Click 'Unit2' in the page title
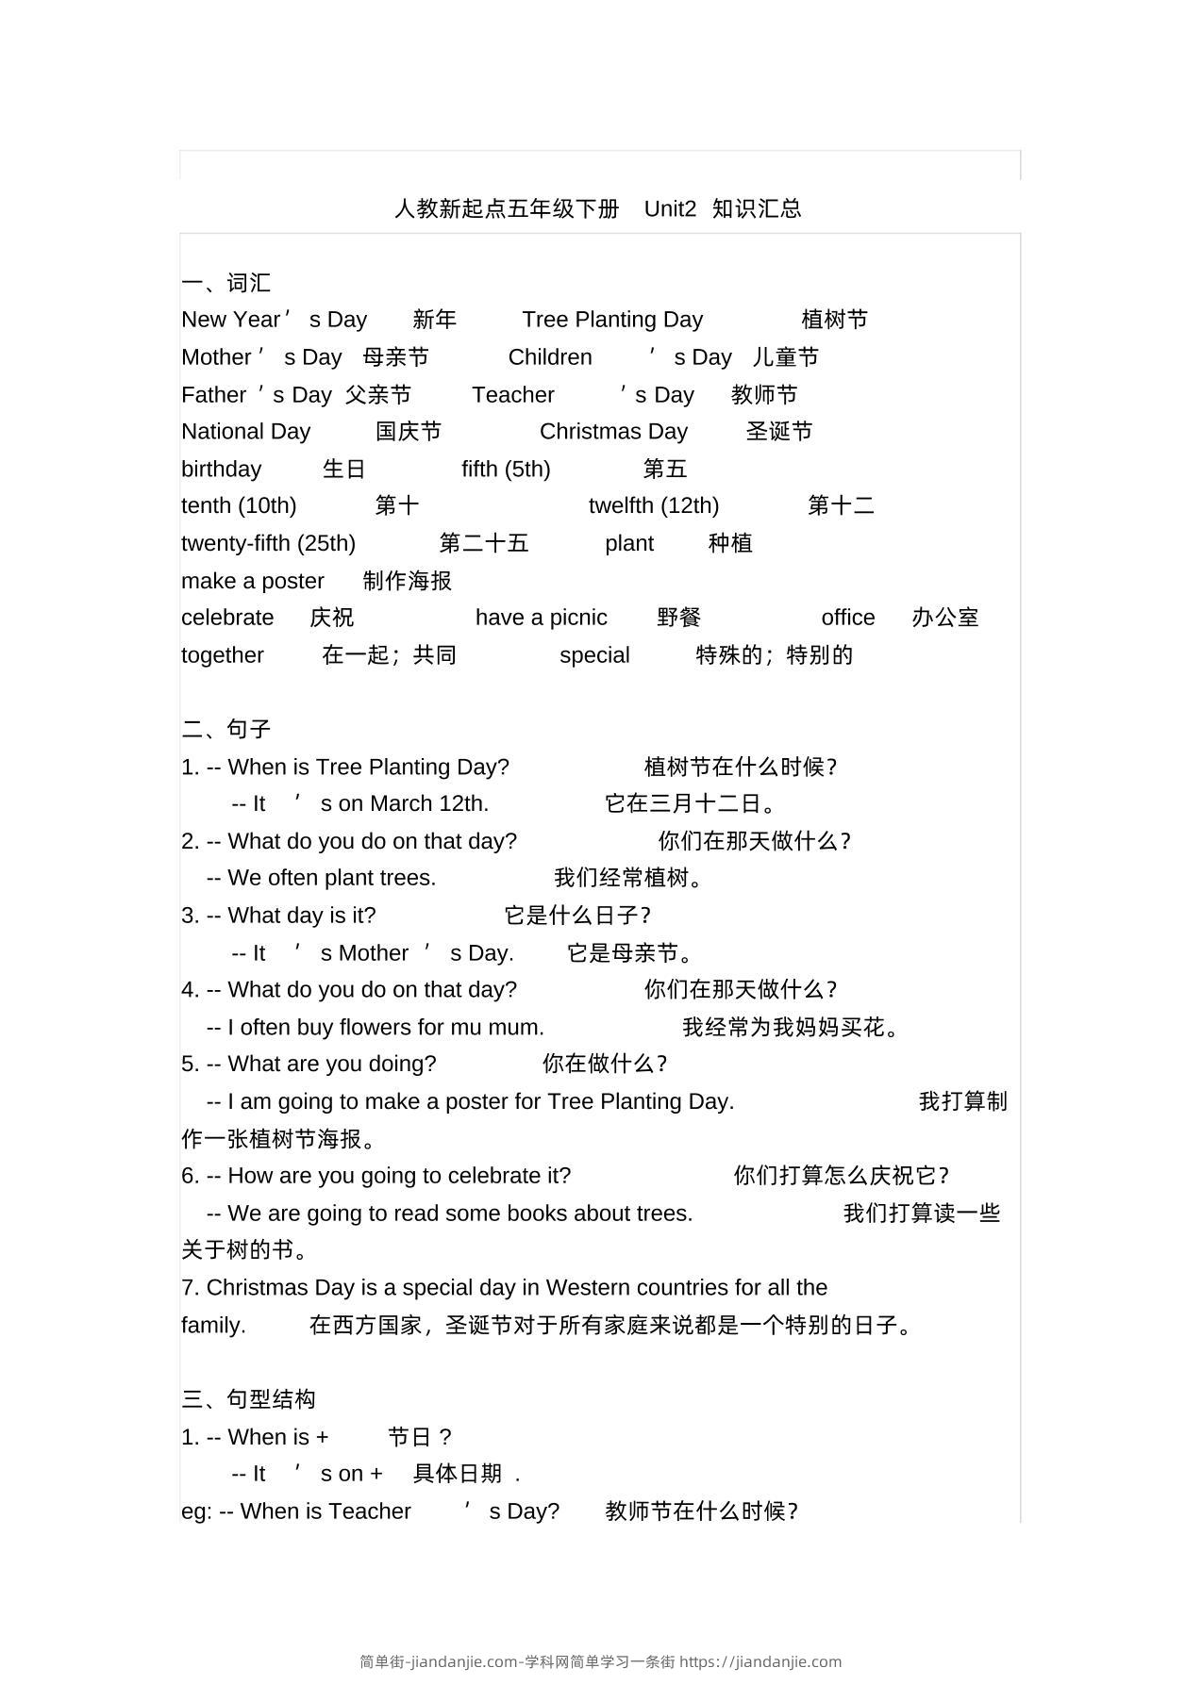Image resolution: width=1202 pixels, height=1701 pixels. point(670,208)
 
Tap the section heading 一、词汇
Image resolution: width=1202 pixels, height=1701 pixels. point(226,282)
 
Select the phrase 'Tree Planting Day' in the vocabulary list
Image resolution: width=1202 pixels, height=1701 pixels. point(612,320)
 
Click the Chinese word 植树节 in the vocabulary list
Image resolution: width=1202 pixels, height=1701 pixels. point(834,320)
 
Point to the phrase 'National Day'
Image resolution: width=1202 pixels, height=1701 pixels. point(245,432)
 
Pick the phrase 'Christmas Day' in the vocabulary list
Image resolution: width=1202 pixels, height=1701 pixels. point(613,432)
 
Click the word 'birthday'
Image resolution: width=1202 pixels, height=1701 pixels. point(221,469)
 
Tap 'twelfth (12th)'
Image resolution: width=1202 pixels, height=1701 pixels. point(654,506)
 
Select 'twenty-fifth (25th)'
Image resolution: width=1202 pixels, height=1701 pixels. point(268,544)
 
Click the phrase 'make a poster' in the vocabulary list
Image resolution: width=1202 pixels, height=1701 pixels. point(252,581)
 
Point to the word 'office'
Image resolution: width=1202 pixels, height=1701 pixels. point(848,618)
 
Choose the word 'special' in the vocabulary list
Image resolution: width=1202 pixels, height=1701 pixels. point(594,655)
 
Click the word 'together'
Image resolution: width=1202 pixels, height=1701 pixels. point(223,655)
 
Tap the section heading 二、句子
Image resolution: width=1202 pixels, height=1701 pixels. point(226,729)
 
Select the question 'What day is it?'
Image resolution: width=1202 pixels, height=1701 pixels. point(302,916)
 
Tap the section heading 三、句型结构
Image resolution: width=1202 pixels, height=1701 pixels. point(249,1399)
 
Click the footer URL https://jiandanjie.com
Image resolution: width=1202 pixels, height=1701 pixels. point(760,1661)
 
